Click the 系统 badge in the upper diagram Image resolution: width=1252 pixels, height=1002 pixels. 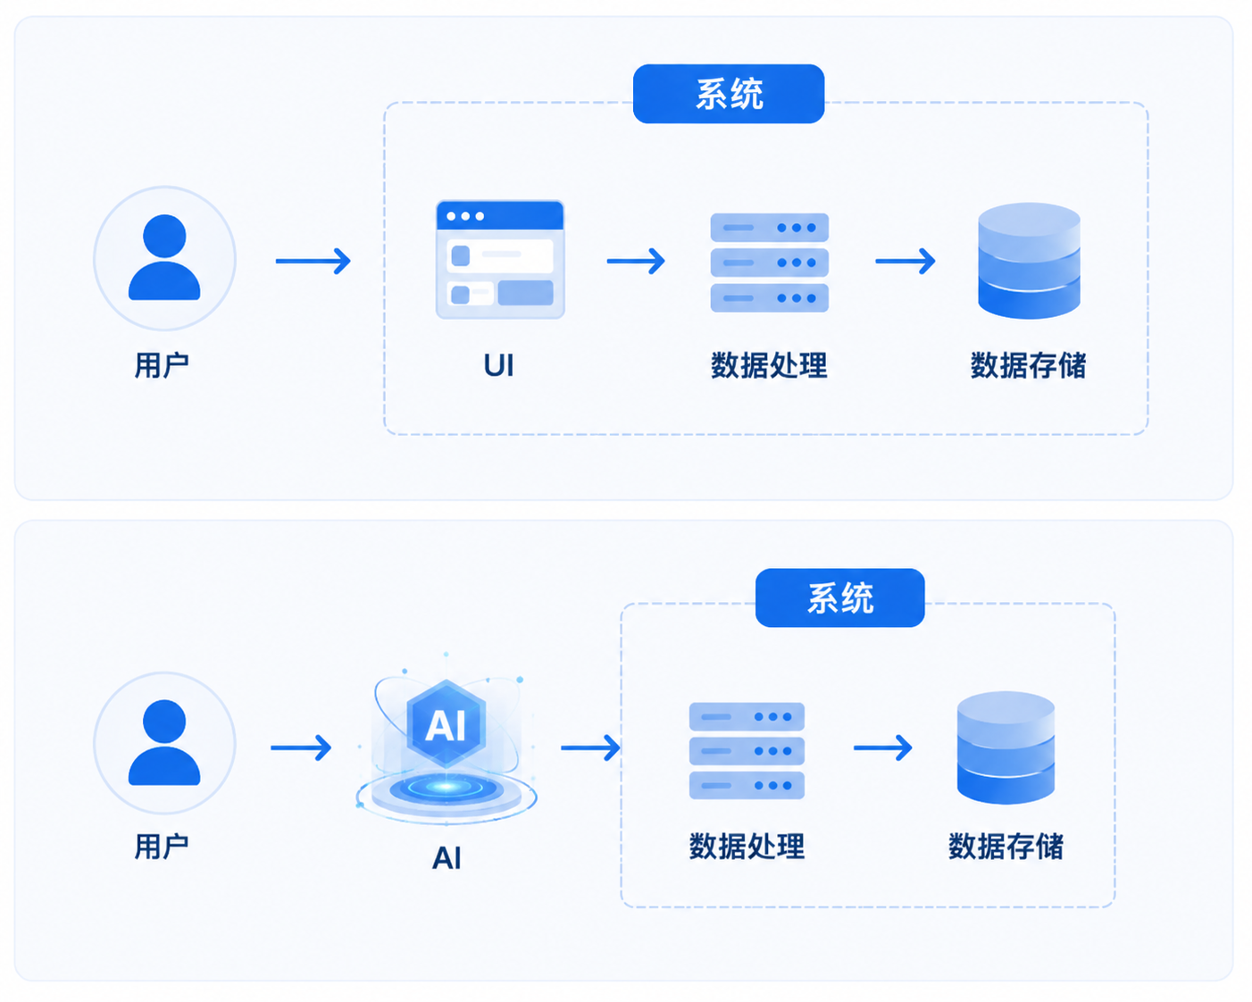[x=729, y=94]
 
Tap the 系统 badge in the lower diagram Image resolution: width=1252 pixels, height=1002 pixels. [x=839, y=597]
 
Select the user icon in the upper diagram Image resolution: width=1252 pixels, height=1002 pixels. [x=164, y=258]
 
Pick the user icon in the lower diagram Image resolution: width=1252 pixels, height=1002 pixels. [x=164, y=743]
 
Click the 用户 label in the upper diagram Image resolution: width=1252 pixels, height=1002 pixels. [x=162, y=365]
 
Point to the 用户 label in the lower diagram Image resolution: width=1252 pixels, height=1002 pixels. [x=162, y=846]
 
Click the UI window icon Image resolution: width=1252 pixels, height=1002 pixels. [x=500, y=260]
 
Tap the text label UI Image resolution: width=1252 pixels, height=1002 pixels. [x=498, y=366]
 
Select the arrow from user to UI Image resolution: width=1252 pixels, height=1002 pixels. [x=313, y=261]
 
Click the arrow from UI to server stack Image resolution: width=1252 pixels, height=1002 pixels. [x=636, y=261]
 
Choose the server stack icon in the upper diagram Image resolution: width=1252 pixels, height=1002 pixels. [x=770, y=263]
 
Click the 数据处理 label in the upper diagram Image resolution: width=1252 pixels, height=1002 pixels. [x=769, y=365]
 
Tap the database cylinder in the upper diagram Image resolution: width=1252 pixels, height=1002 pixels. [x=1029, y=260]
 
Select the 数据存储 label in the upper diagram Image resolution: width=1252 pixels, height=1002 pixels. [x=1028, y=365]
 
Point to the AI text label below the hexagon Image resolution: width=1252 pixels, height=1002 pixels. [x=447, y=857]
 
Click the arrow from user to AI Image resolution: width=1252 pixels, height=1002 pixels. [x=301, y=747]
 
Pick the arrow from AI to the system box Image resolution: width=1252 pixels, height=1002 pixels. [x=590, y=747]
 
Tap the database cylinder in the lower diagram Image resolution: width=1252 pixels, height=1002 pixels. [x=1006, y=747]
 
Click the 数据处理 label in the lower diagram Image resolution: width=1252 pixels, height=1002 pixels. [x=747, y=846]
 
